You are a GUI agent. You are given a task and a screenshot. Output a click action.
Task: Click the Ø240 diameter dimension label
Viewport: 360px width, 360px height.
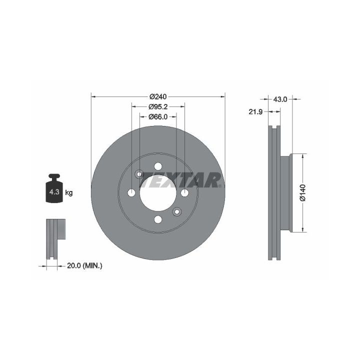click(158, 96)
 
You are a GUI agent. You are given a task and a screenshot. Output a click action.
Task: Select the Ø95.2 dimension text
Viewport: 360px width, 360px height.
click(158, 107)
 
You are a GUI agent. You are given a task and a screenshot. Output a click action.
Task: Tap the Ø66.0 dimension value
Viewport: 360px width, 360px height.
click(158, 117)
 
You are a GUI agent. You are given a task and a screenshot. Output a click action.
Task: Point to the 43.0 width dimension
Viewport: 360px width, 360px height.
click(280, 99)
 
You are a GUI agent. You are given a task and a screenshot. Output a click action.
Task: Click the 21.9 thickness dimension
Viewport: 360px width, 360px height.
click(255, 112)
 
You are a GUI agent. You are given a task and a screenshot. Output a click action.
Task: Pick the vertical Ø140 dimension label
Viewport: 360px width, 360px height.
click(303, 192)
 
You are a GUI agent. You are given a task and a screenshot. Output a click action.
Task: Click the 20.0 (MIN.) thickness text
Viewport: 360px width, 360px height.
click(84, 266)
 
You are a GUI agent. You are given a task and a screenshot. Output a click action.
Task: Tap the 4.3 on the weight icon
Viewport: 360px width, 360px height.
click(54, 191)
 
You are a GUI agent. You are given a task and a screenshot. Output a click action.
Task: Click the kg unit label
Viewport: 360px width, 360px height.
click(69, 192)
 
